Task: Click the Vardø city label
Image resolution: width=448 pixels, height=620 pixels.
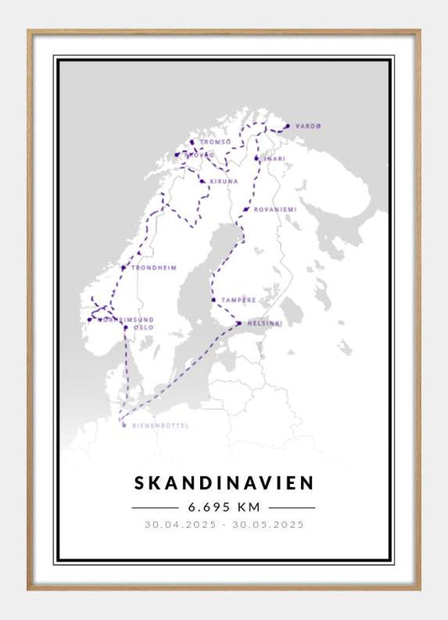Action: [308, 126]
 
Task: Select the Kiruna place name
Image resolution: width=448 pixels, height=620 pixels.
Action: [224, 181]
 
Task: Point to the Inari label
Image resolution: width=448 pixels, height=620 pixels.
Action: [274, 158]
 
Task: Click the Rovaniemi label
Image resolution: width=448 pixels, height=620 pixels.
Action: [273, 209]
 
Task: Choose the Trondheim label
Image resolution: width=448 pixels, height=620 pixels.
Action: [154, 268]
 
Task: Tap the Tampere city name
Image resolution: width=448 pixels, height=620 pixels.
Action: [239, 299]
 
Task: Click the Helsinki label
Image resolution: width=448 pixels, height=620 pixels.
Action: [265, 323]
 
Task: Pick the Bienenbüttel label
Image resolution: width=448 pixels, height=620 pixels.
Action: [161, 426]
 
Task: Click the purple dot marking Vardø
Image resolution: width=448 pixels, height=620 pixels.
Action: [287, 127]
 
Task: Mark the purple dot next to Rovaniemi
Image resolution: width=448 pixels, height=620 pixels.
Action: [245, 209]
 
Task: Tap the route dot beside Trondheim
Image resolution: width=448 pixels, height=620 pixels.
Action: [124, 268]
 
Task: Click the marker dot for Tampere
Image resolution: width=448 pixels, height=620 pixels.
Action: [214, 299]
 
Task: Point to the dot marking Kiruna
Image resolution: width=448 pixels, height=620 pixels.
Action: [202, 181]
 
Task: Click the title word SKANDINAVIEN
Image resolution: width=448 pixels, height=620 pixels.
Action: [224, 482]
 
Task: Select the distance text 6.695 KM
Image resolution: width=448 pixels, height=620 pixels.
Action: [224, 507]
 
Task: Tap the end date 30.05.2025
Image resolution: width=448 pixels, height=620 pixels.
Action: [267, 525]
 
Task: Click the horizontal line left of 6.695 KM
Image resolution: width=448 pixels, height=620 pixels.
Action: [155, 507]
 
